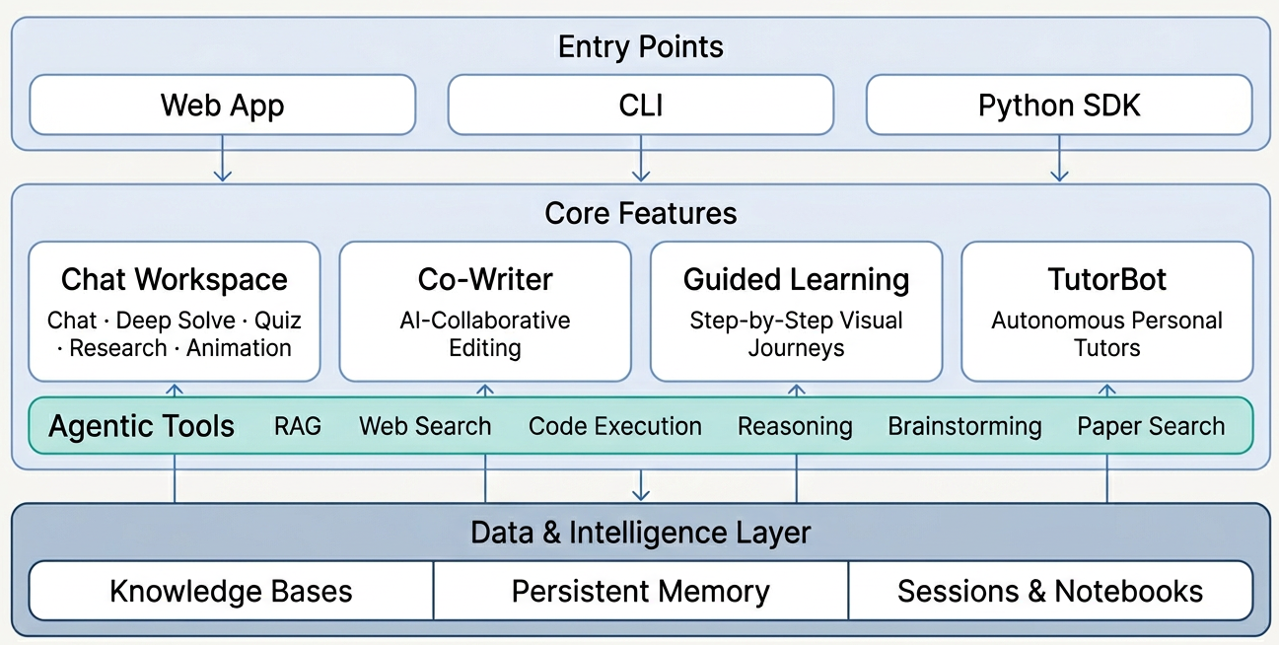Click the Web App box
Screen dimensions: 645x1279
click(x=222, y=105)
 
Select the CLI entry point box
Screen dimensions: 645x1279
click(x=640, y=105)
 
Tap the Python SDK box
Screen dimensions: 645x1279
click(x=1059, y=105)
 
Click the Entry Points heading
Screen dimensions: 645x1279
click(x=640, y=46)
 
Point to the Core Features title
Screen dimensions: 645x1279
click(x=640, y=213)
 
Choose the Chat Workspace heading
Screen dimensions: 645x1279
click(x=175, y=279)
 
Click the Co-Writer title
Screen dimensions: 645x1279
click(x=485, y=279)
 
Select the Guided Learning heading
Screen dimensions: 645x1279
click(x=796, y=279)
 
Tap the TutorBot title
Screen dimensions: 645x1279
click(x=1106, y=279)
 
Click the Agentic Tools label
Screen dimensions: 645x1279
click(x=142, y=426)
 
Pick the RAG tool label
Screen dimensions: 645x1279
click(x=298, y=426)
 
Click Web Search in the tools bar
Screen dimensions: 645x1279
click(x=425, y=426)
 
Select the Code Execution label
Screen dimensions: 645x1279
click(x=615, y=426)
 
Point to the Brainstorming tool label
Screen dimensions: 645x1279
click(x=964, y=426)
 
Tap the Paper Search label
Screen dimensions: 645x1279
click(x=1151, y=426)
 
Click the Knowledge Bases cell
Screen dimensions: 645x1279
click(x=231, y=591)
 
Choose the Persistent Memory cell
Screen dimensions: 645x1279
click(x=640, y=591)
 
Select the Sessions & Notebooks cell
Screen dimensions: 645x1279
click(x=1049, y=591)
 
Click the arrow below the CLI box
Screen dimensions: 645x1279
click(x=641, y=160)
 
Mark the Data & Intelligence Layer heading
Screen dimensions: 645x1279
click(x=640, y=533)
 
